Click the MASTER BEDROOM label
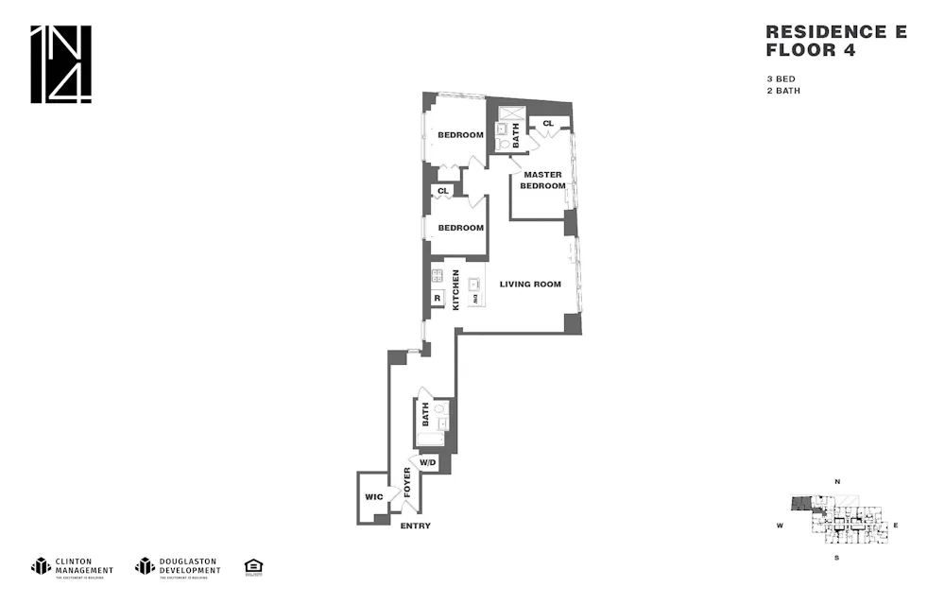pyautogui.click(x=542, y=180)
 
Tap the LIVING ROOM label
pyautogui.click(x=530, y=284)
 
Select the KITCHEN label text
pyautogui.click(x=455, y=290)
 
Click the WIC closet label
pyautogui.click(x=372, y=496)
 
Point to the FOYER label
pyautogui.click(x=407, y=482)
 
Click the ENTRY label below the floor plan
pyautogui.click(x=415, y=526)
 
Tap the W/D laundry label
pyautogui.click(x=428, y=462)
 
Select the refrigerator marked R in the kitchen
pyautogui.click(x=438, y=299)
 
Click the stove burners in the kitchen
pyautogui.click(x=438, y=276)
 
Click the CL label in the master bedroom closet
pyautogui.click(x=547, y=123)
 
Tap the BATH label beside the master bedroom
pyautogui.click(x=516, y=137)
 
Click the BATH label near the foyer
pyautogui.click(x=425, y=414)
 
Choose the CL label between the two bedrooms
pyautogui.click(x=441, y=191)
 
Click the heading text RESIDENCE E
pyautogui.click(x=835, y=32)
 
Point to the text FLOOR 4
pyautogui.click(x=810, y=51)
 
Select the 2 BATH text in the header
pyautogui.click(x=783, y=91)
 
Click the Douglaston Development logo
pyautogui.click(x=177, y=566)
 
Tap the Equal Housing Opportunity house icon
pyautogui.click(x=252, y=566)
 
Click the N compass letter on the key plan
pyautogui.click(x=836, y=482)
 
